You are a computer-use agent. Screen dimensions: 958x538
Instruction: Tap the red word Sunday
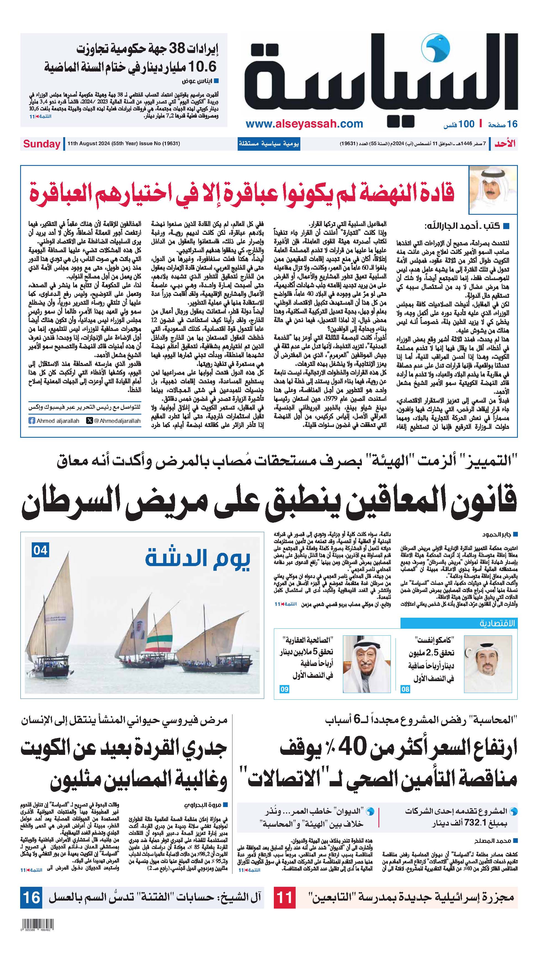[42, 144]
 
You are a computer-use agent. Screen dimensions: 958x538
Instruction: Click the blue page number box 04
[41, 550]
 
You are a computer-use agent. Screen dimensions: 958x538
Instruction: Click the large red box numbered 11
[285, 897]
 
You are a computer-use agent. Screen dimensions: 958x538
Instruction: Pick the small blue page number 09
[284, 689]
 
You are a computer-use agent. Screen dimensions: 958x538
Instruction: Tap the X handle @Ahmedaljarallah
[113, 421]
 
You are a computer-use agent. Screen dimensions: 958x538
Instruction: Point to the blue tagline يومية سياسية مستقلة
[269, 144]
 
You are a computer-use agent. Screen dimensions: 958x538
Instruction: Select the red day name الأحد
[505, 144]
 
